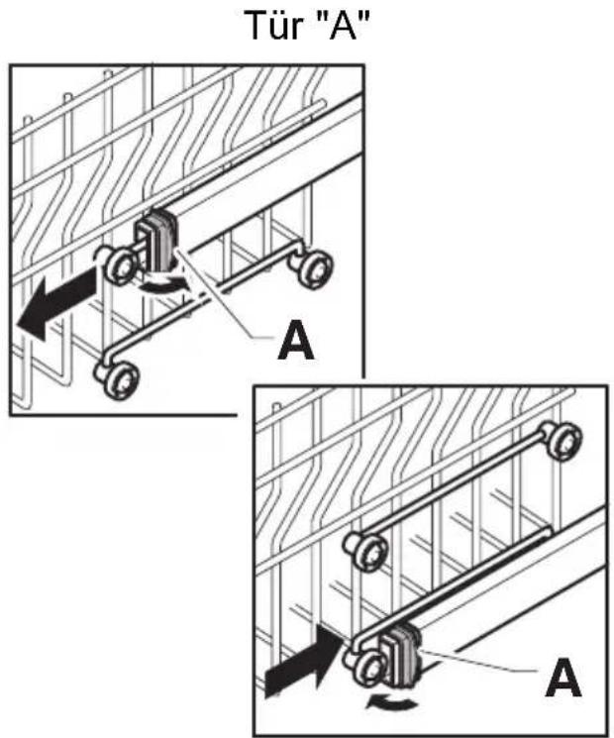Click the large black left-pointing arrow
coord(57,303)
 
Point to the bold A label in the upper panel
coord(295,340)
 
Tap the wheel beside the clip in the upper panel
coord(121,266)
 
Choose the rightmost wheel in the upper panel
coord(314,267)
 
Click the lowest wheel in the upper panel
coord(119,379)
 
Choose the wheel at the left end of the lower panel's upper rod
coord(368,550)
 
